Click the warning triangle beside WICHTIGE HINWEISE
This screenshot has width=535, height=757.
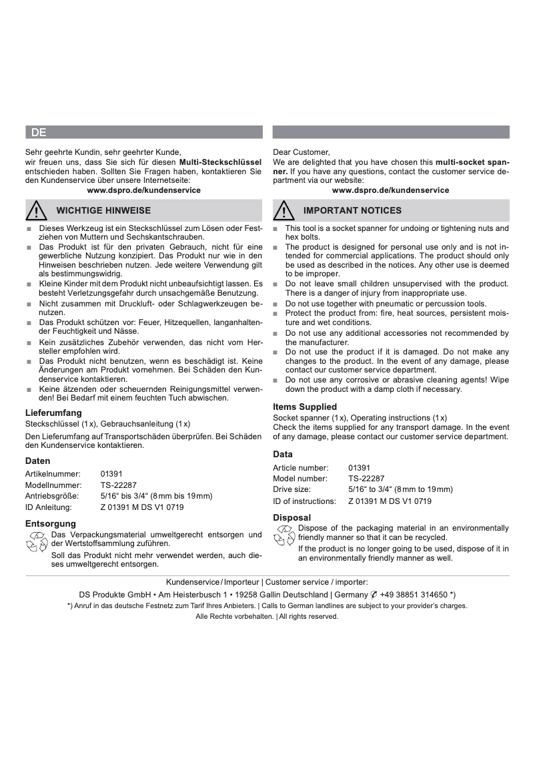coord(37,211)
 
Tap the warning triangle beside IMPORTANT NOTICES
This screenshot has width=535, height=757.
coord(284,211)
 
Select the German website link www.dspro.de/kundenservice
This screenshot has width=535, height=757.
coord(144,190)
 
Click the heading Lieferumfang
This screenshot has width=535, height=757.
coord(53,413)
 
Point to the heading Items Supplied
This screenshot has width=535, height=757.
coord(305,407)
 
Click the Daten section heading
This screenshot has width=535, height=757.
coord(38,461)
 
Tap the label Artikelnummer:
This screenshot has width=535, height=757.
coord(53,473)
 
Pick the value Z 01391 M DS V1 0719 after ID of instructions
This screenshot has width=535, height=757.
coord(390,501)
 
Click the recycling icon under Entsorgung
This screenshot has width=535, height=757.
coord(36,541)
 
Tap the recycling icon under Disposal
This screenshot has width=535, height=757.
coord(284,535)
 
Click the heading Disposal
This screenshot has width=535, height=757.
coord(292,517)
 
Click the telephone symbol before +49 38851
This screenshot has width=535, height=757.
coord(374,594)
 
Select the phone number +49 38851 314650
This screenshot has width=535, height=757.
coord(414,594)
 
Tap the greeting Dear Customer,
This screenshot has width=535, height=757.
coord(302,152)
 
